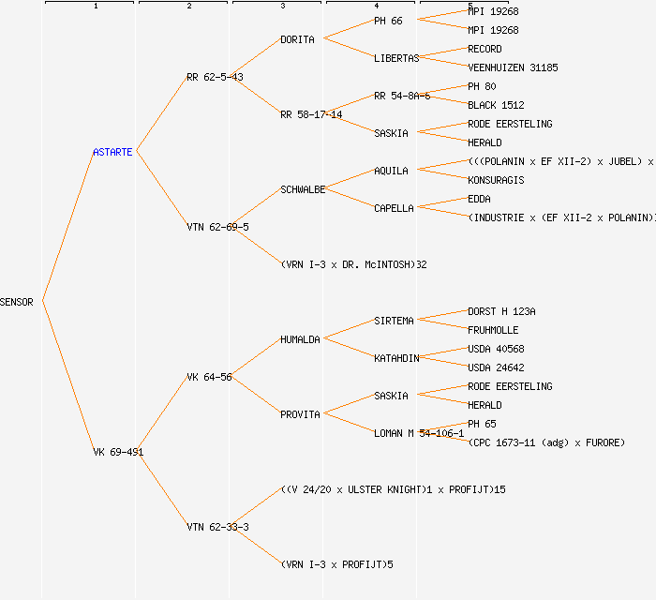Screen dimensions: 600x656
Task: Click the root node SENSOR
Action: (17, 302)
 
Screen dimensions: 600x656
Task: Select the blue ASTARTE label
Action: (113, 152)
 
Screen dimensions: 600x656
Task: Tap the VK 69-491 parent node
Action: (118, 452)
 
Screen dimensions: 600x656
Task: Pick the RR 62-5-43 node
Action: (215, 77)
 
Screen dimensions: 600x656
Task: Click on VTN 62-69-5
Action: (217, 227)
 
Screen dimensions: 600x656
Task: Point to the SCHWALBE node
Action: (303, 189)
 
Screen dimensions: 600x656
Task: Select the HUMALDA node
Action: (300, 339)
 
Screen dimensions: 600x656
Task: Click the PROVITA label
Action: (300, 414)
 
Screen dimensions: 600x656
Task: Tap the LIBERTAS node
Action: (396, 58)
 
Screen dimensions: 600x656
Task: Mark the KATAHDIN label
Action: (396, 358)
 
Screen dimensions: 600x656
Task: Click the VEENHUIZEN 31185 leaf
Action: (513, 67)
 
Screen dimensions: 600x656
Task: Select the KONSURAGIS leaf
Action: (496, 180)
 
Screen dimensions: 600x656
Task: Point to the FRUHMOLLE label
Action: (493, 330)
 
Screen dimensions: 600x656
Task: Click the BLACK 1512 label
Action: (496, 105)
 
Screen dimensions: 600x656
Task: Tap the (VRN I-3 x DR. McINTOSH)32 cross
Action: (354, 264)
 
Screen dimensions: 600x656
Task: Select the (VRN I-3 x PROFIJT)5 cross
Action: (337, 564)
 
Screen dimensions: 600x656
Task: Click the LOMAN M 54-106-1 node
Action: (419, 433)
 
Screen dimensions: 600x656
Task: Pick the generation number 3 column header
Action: (282, 7)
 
